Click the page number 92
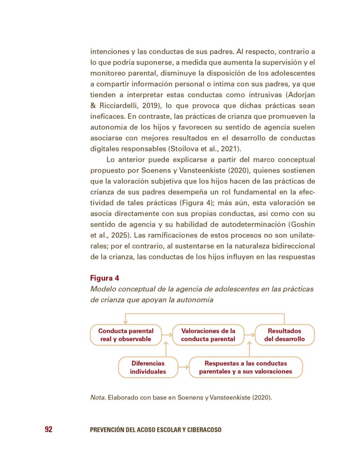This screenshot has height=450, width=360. [x=48, y=429]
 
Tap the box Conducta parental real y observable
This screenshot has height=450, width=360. [x=125, y=335]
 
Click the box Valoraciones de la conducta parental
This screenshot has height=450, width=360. [x=208, y=335]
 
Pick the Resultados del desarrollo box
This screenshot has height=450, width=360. [x=284, y=335]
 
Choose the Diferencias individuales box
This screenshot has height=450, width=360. [x=148, y=367]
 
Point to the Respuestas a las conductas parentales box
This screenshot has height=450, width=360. [x=246, y=367]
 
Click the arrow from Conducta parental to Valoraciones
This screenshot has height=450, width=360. [x=166, y=335]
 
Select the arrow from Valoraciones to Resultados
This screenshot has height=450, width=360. [x=249, y=335]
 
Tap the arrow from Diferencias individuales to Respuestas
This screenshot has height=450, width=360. [x=183, y=367]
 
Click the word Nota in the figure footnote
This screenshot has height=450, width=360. [x=97, y=398]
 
